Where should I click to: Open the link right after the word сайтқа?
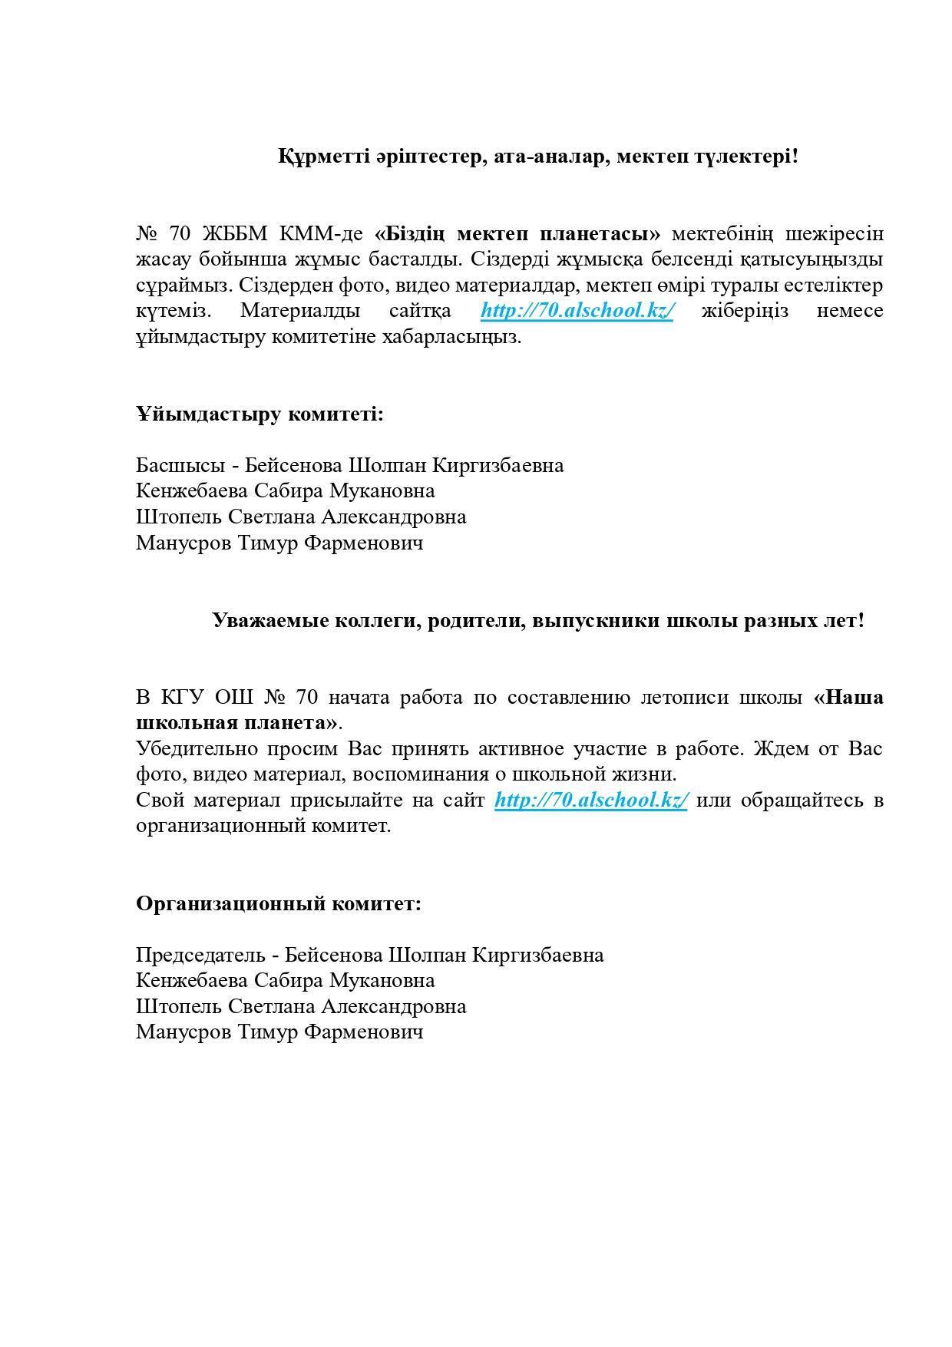tap(577, 311)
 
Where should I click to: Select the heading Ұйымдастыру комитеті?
tap(259, 414)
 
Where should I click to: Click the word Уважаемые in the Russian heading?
tap(271, 620)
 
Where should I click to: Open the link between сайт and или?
tap(590, 800)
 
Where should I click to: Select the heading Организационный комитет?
tap(279, 903)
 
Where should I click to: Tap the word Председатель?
tap(200, 955)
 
